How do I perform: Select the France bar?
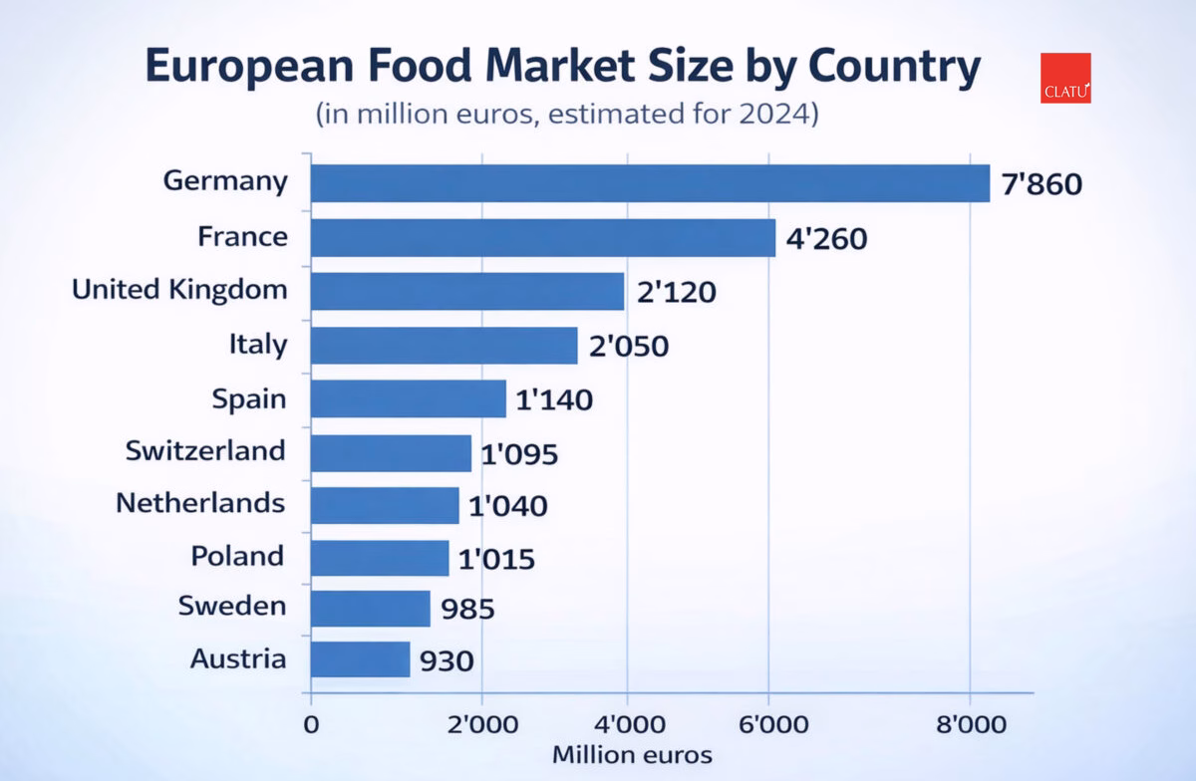coord(542,238)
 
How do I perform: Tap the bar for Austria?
coord(360,659)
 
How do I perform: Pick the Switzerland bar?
coord(391,453)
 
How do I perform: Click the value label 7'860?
coord(1042,185)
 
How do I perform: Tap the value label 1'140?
coord(554,400)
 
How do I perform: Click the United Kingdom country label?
coord(179,290)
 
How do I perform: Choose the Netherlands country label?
coord(200,502)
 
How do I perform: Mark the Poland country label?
coord(237,555)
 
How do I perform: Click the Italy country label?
coord(257,345)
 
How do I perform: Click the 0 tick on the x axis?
coord(311,724)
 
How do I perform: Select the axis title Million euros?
coord(632,754)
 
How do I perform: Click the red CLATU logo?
coord(1065,79)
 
